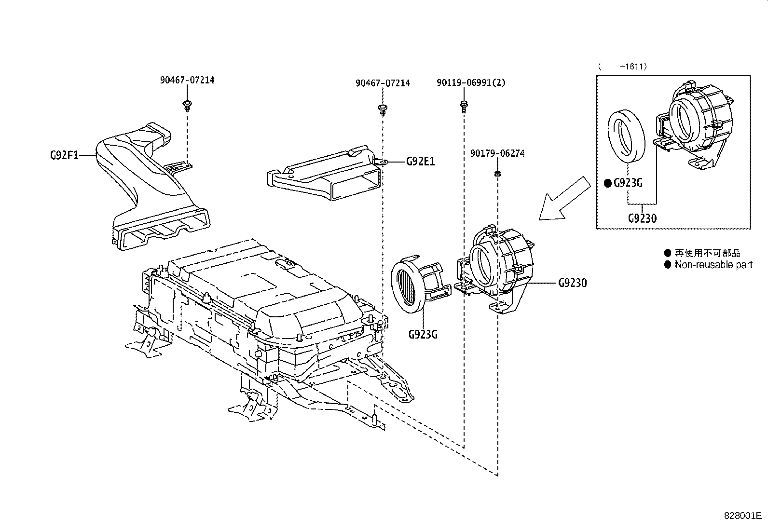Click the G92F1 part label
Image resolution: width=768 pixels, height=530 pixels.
pyautogui.click(x=65, y=155)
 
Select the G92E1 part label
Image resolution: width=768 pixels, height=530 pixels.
pyautogui.click(x=420, y=162)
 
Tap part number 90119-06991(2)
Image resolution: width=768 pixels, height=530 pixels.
pyautogui.click(x=471, y=83)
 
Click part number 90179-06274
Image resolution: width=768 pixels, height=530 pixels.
pyautogui.click(x=497, y=153)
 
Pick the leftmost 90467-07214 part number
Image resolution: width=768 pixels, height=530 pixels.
pyautogui.click(x=187, y=80)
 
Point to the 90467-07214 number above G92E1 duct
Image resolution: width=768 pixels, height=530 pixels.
pyautogui.click(x=383, y=83)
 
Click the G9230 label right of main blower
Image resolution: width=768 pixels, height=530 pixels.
pyautogui.click(x=572, y=283)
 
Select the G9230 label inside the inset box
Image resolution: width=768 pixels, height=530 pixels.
pyautogui.click(x=642, y=218)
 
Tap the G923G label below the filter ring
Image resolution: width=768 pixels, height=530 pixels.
pyautogui.click(x=423, y=334)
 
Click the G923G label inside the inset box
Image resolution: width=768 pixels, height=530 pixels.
pyautogui.click(x=628, y=183)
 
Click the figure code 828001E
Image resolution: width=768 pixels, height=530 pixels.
pyautogui.click(x=742, y=515)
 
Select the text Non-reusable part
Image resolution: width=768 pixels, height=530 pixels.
pyautogui.click(x=713, y=265)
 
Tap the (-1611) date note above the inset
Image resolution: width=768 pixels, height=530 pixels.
pyautogui.click(x=622, y=67)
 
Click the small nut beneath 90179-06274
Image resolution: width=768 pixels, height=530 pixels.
pyautogui.click(x=497, y=173)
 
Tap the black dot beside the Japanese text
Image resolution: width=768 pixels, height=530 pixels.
pyautogui.click(x=667, y=253)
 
